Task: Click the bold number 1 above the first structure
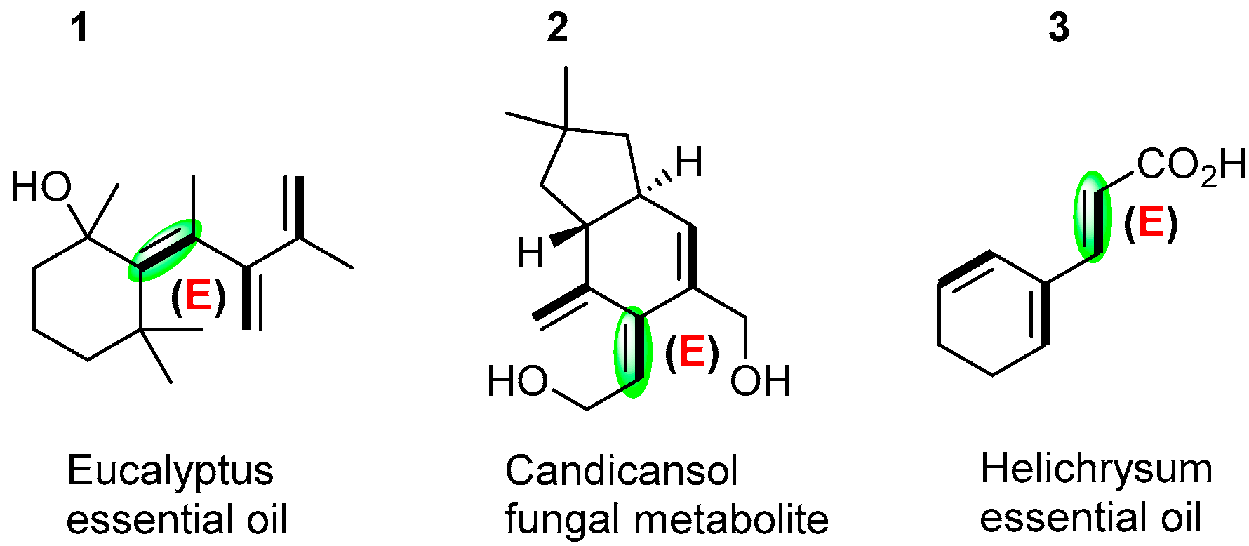pos(80,29)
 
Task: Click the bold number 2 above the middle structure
pos(557,29)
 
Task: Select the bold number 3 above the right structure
pos(1058,29)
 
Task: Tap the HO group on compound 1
pos(41,187)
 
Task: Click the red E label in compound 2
pos(692,352)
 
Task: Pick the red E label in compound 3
pos(1151,222)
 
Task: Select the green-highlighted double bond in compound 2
pos(633,351)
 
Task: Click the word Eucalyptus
pos(170,471)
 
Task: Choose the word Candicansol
pos(621,471)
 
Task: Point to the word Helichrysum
pos(1096,469)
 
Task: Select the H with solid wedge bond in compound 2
pos(530,253)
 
